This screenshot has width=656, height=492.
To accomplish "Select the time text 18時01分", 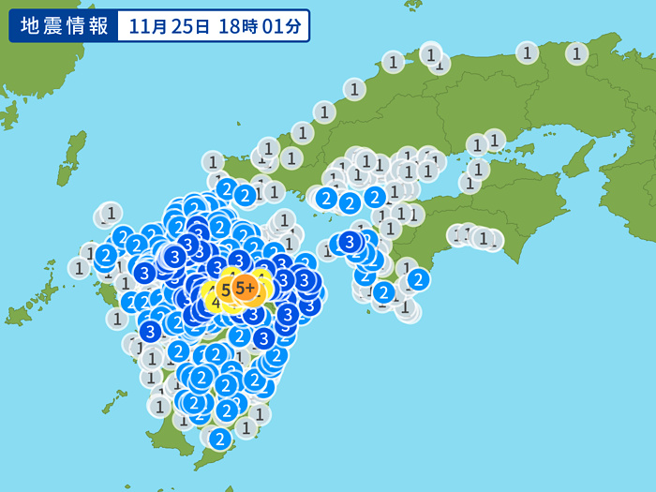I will point(261,26).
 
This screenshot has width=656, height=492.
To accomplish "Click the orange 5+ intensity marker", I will point(246,288).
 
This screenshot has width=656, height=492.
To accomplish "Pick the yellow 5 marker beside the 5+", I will point(226,291).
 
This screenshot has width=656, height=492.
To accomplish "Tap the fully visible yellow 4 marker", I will point(216,303).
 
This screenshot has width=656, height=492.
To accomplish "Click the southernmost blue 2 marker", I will point(219,438).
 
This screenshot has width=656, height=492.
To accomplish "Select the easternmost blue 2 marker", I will point(418,278).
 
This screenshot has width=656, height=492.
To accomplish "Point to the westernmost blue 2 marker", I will point(106,254).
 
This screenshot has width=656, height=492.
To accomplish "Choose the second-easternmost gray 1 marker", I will point(528,52).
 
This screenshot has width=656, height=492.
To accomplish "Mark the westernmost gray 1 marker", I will point(80,268).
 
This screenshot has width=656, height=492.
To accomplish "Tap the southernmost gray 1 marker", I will point(246,427).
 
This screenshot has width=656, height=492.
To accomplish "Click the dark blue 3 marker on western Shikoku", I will point(350,243).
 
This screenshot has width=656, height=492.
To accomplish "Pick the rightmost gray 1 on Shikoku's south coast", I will point(489,240).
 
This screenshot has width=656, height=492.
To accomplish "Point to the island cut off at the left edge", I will point(9,114).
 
